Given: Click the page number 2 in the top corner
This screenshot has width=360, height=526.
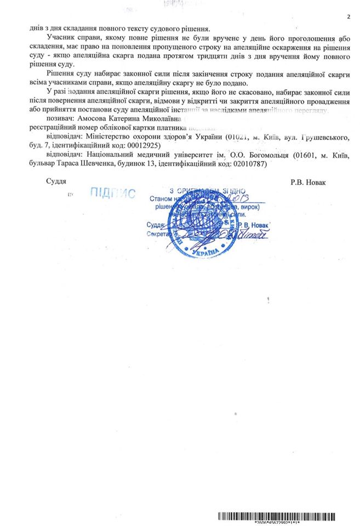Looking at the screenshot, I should (347, 17).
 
